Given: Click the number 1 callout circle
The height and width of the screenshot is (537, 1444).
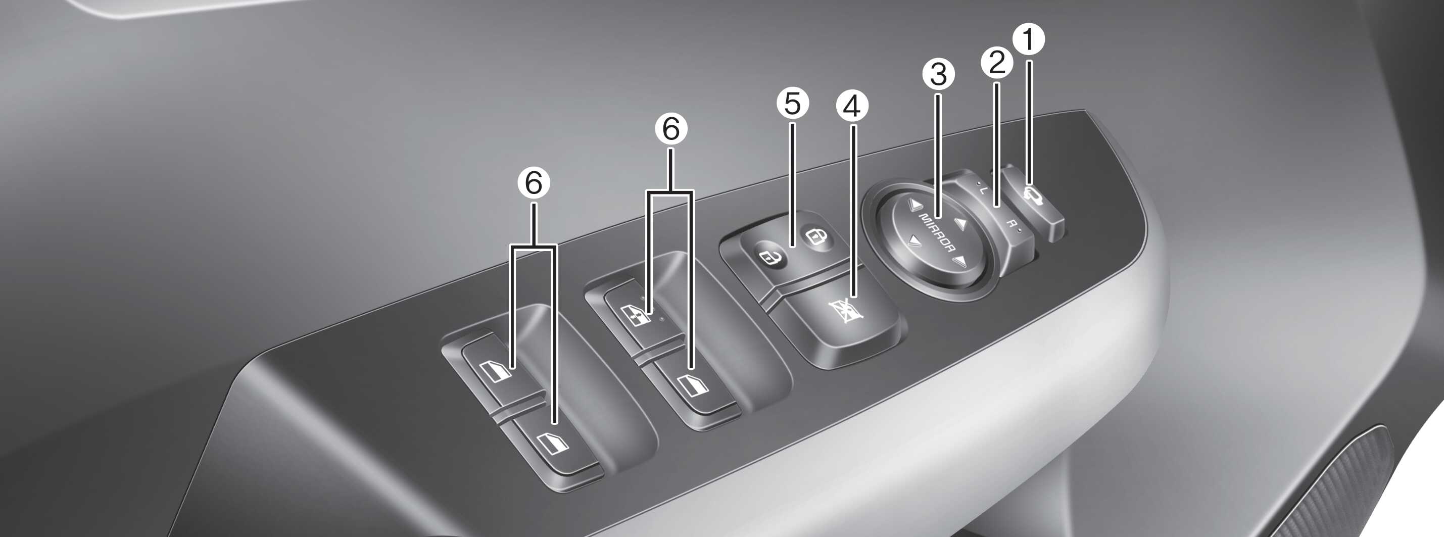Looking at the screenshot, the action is [1029, 39].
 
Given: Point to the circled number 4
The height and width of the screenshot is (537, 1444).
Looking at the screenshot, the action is [852, 106].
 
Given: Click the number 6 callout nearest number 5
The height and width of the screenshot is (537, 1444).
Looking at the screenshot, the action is [671, 129].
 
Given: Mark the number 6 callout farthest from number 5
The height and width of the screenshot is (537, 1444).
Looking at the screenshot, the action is [534, 182].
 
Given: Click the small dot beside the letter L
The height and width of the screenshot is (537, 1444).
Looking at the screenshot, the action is [977, 184].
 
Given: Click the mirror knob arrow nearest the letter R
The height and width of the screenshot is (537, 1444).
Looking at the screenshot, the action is [961, 224].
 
